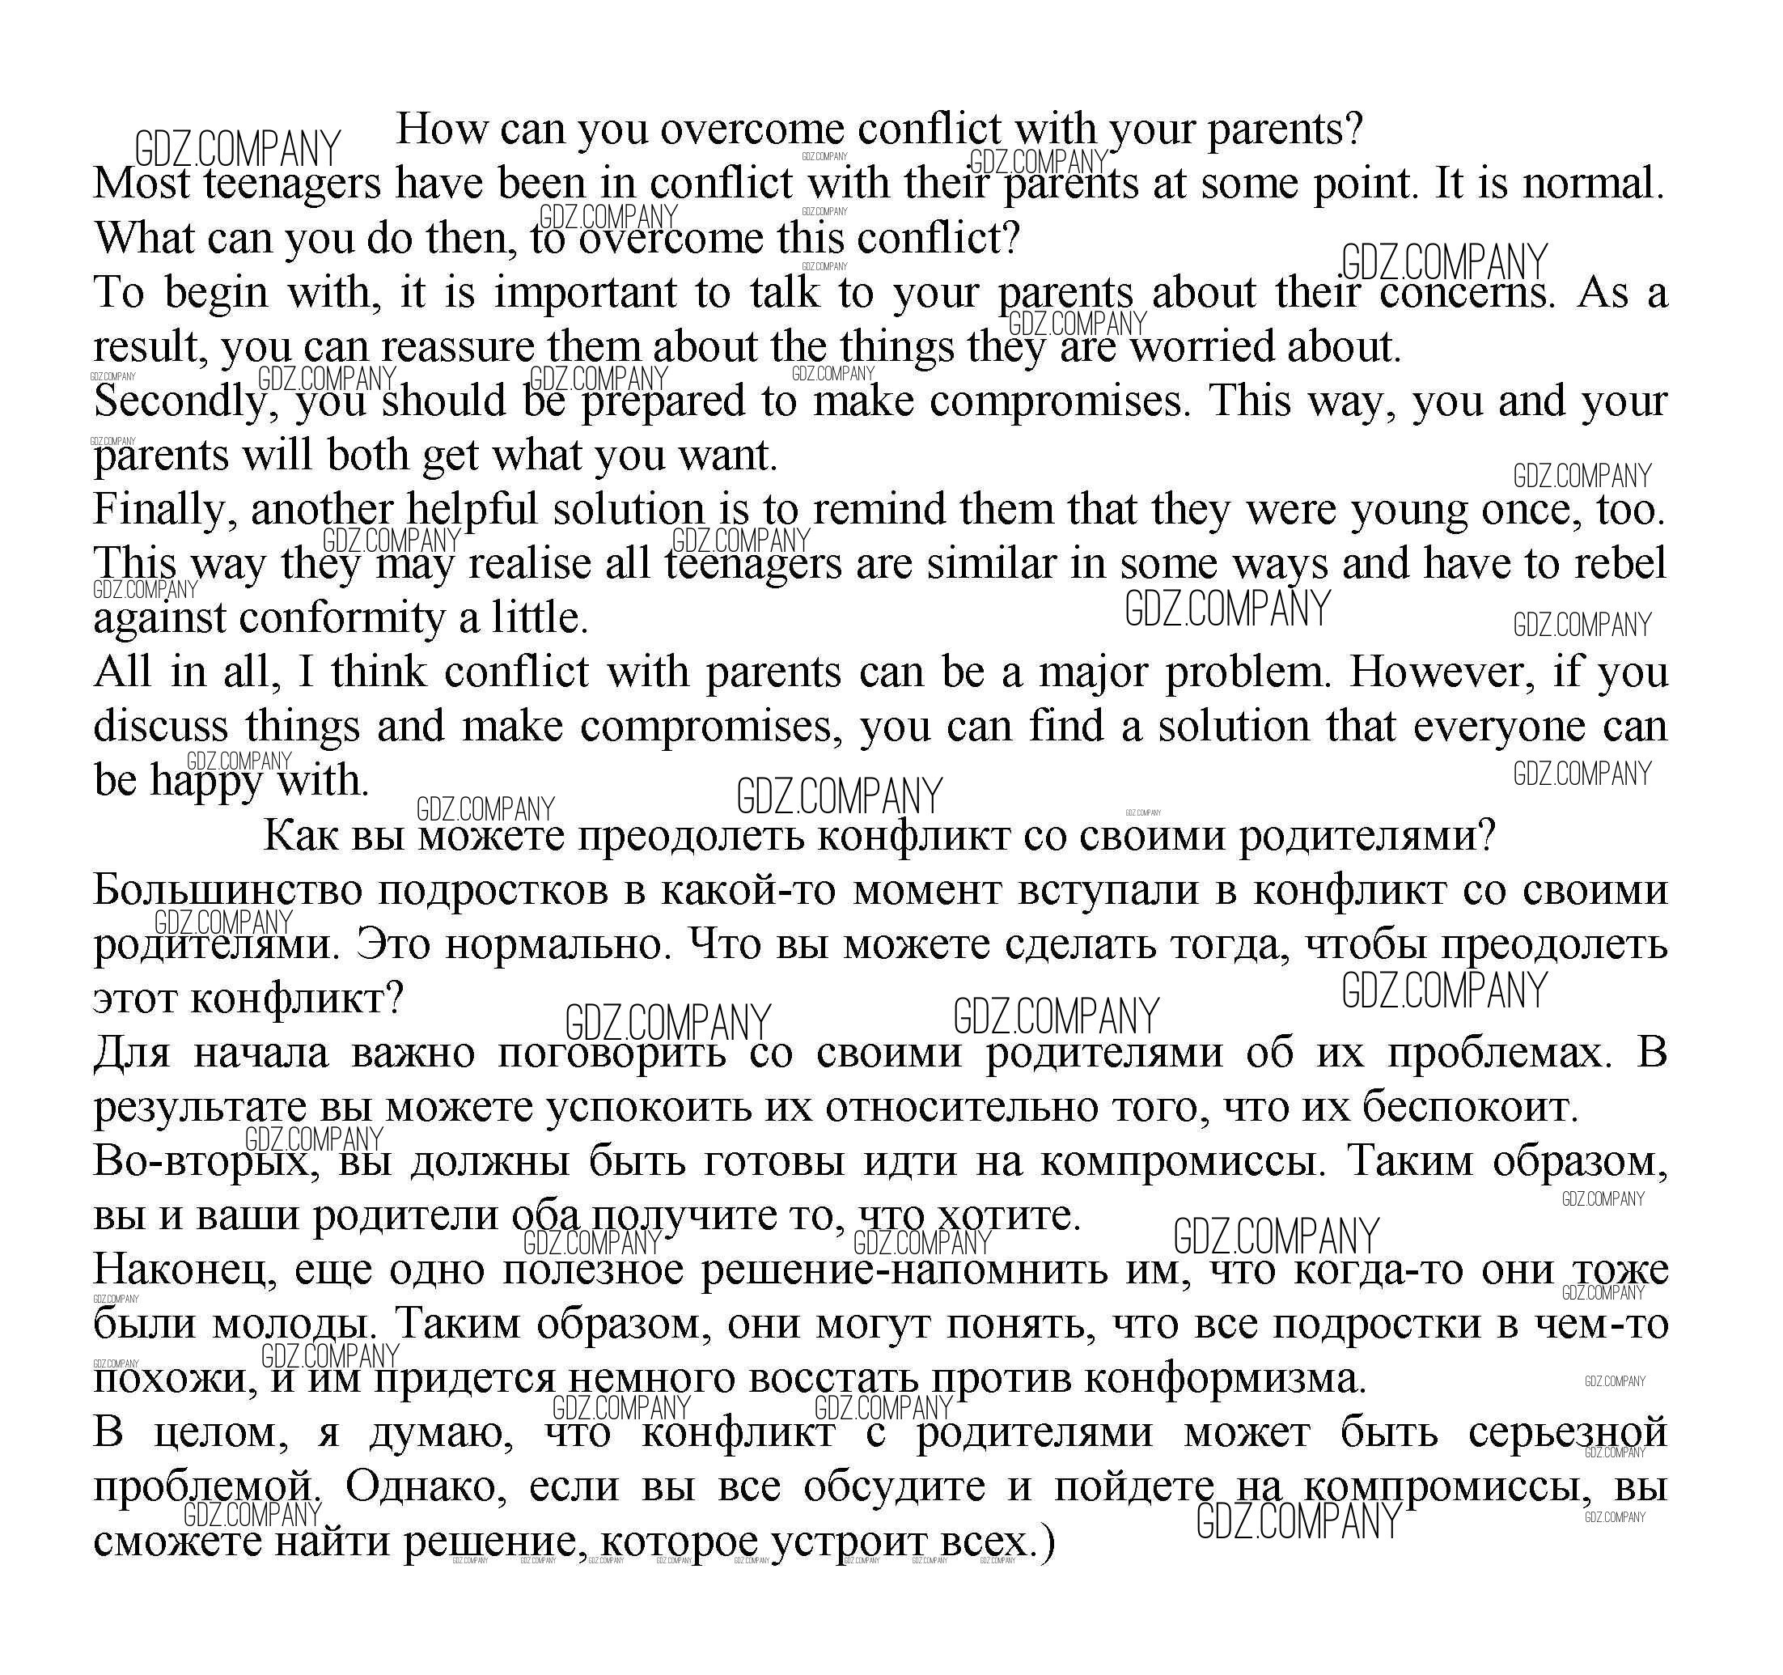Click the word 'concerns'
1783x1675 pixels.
(1466, 294)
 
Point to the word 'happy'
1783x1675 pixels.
(205, 781)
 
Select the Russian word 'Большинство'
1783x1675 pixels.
(228, 891)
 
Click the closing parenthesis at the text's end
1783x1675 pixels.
(1047, 1542)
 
